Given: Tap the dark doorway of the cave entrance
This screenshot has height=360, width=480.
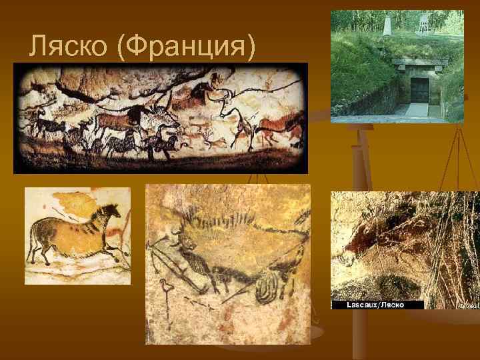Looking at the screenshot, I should coord(419,89).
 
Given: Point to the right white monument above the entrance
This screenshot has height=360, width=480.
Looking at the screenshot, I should coord(422,23).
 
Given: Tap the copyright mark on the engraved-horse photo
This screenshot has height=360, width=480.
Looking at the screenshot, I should coord(468,305).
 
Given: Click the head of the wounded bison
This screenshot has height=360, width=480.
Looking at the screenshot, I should coord(187,243).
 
